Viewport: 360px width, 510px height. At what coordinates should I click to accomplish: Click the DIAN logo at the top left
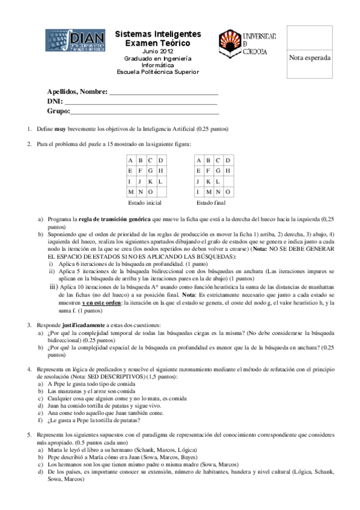coord(75,41)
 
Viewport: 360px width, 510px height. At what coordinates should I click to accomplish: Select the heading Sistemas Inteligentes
coord(157,35)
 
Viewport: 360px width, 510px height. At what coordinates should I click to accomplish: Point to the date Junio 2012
coord(157,52)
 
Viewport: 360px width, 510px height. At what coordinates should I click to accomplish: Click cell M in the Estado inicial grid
coord(130,192)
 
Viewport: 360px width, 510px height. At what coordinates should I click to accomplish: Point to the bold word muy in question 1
coord(59,129)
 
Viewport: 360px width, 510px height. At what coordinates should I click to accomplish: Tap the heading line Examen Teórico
coord(157,44)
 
